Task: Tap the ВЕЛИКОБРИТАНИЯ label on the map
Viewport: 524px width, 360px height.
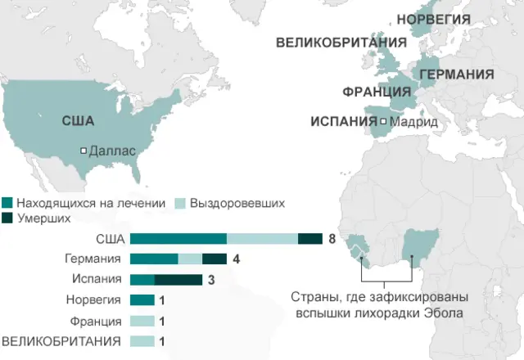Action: pos(341,42)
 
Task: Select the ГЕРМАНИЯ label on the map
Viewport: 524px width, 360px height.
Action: pos(457,74)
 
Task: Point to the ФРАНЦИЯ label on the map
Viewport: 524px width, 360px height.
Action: pos(377,91)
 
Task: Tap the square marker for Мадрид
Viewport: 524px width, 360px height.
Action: pos(383,122)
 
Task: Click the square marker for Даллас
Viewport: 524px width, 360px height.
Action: pos(84,151)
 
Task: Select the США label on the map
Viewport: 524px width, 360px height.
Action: pos(78,121)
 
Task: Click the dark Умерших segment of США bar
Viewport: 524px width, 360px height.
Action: pos(309,239)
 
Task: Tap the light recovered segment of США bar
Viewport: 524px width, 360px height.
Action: pos(262,239)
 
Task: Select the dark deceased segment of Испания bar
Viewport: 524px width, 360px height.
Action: pos(178,280)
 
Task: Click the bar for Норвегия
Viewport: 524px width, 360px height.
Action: pos(142,300)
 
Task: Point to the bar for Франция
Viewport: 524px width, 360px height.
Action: pos(142,321)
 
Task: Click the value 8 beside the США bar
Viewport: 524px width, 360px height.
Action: pos(332,239)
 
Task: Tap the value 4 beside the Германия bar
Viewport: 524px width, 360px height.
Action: pos(235,259)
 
